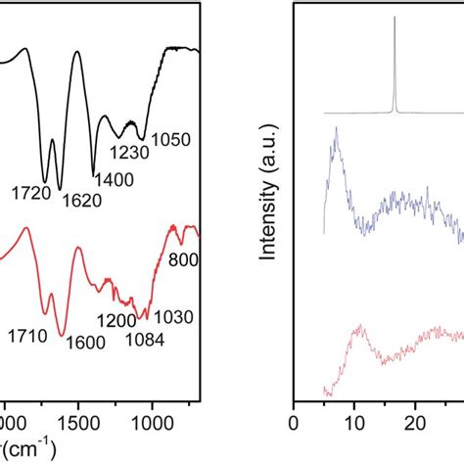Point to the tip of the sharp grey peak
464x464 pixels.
coord(394,17)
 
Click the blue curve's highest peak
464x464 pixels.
coord(336,128)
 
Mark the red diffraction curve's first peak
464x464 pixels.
coord(360,325)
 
